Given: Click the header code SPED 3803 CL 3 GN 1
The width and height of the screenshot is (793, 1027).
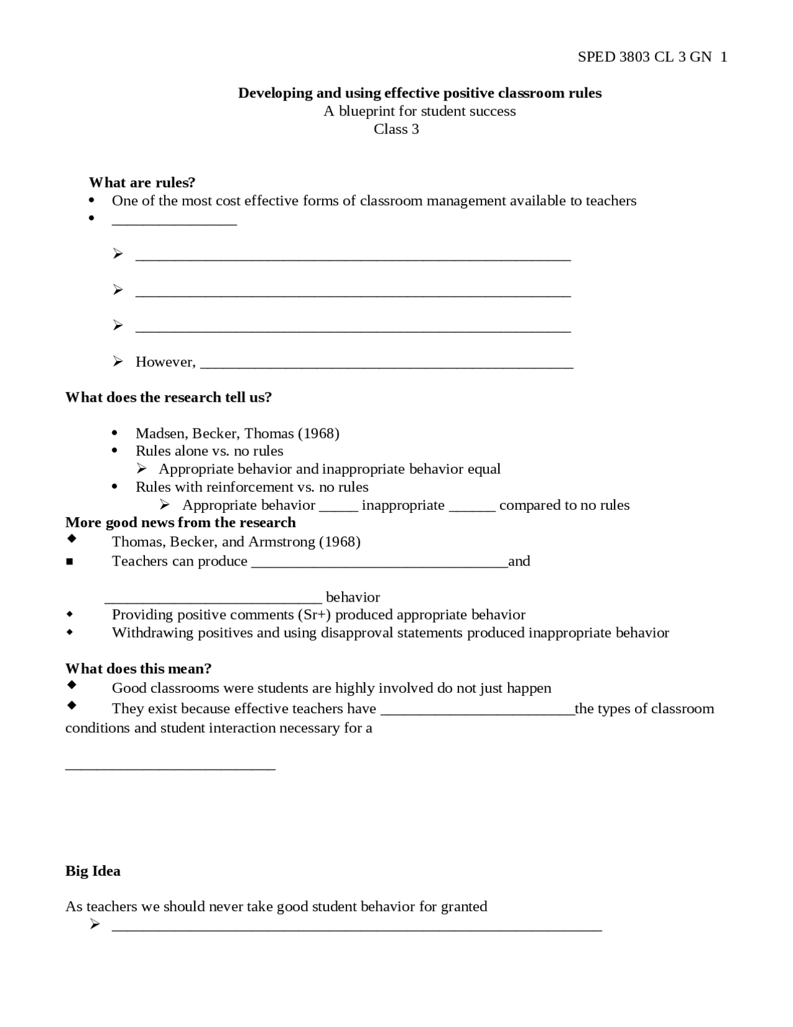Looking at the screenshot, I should pos(652,57).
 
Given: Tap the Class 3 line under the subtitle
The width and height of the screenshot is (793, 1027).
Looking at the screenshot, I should pos(396,129).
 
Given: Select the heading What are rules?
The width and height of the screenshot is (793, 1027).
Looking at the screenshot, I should pos(142,182).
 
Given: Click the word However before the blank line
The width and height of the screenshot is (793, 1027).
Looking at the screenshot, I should pos(165,362).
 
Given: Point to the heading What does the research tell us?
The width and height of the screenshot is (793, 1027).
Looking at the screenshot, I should pos(169,398).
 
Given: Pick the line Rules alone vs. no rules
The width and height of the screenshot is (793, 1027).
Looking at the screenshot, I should pos(209,451).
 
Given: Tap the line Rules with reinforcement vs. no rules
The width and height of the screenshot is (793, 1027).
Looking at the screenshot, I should pos(252,487).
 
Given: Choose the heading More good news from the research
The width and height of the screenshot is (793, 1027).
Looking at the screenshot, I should pos(180,522).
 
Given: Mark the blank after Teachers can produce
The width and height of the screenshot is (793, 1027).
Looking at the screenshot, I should pos(379,563).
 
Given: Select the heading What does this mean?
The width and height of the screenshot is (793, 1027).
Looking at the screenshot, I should pos(138,669).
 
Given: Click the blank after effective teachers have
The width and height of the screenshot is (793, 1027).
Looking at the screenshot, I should pos(477,711).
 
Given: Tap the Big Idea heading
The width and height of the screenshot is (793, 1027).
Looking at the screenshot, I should pos(93,871).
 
